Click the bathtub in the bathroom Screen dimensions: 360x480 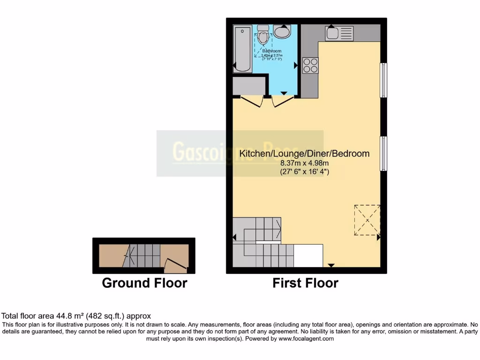[x=242, y=49]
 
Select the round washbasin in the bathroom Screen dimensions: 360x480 [x=282, y=31]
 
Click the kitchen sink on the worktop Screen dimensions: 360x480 [x=339, y=33]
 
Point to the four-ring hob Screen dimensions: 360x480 [x=310, y=65]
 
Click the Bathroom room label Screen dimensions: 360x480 [x=271, y=51]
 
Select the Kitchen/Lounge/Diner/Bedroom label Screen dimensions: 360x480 [x=304, y=153]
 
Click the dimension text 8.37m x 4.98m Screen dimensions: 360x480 [x=305, y=163]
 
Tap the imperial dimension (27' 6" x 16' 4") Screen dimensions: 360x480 [x=305, y=172]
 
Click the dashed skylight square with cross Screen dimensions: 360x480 [x=367, y=219]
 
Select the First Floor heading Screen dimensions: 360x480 [x=305, y=283]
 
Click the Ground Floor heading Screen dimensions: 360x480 [x=144, y=283]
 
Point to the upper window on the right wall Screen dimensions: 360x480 [x=383, y=80]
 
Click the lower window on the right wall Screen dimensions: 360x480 [x=383, y=153]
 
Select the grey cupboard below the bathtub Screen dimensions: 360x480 [x=249, y=86]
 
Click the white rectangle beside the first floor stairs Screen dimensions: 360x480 [x=308, y=255]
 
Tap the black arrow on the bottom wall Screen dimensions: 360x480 [x=331, y=265]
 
